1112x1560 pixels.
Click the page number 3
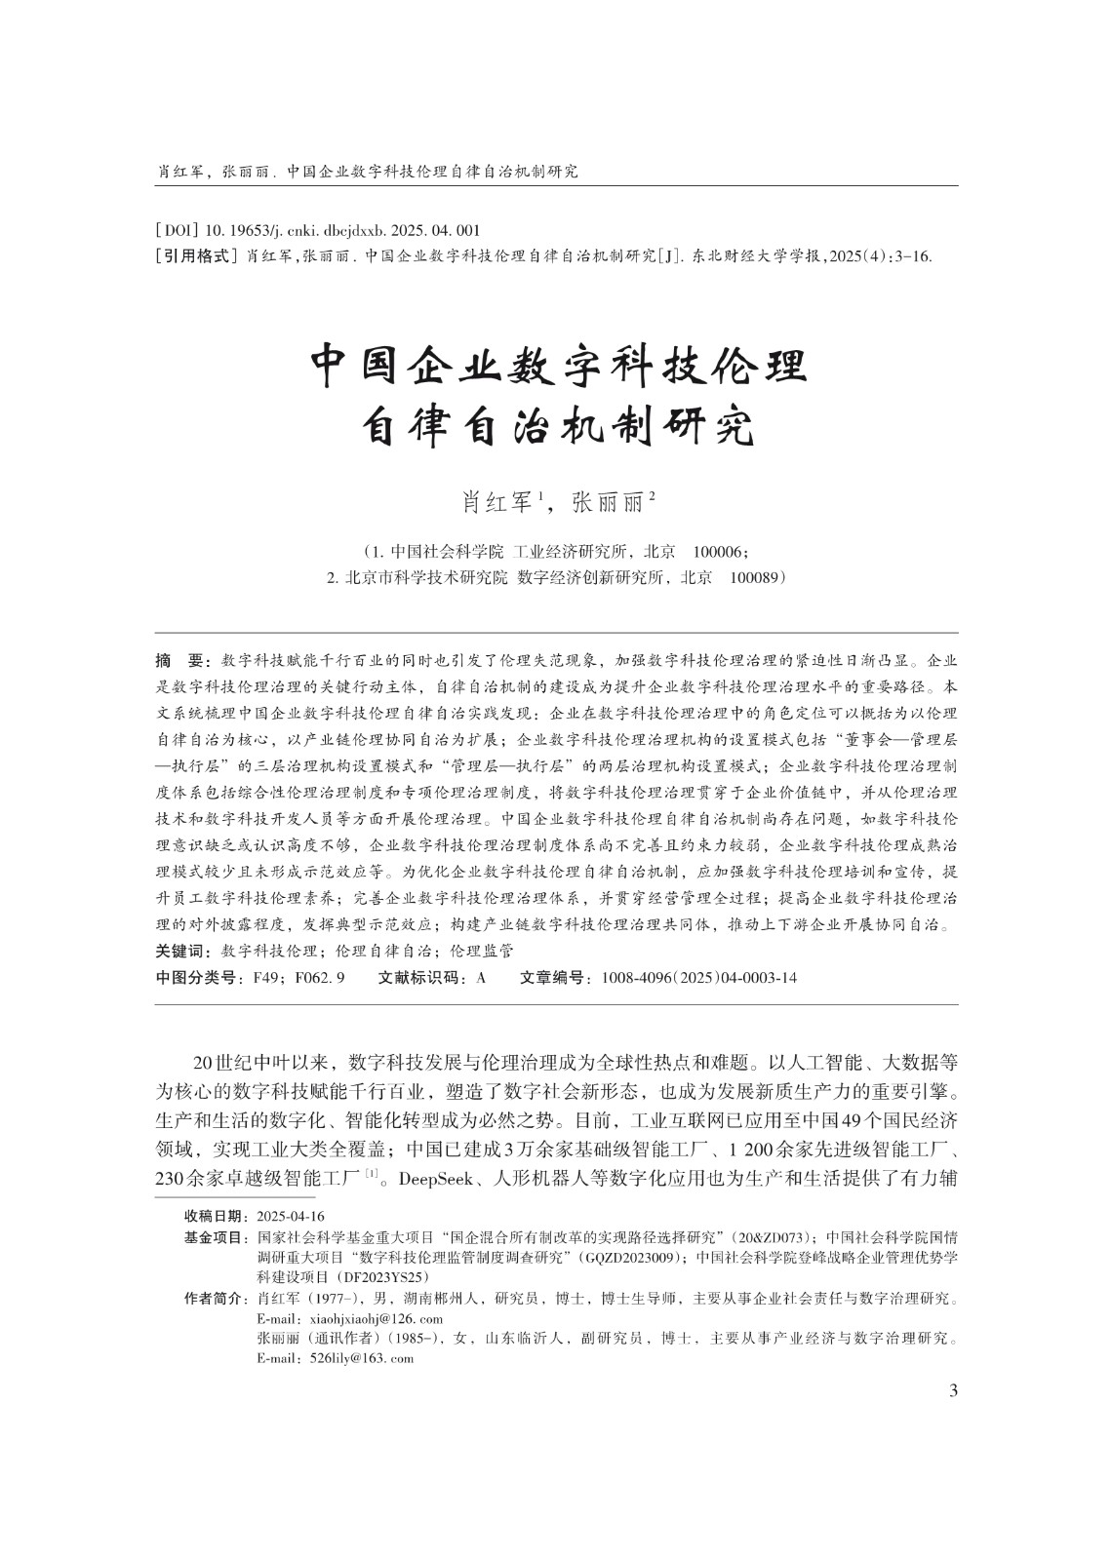click(952, 1390)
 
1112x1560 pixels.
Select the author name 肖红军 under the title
click(497, 503)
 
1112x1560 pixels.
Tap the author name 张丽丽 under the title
click(608, 503)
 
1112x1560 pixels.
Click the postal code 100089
click(757, 577)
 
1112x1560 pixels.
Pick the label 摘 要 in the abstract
click(182, 661)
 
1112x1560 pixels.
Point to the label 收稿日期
click(217, 1217)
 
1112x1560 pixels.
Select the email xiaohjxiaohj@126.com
click(348, 1318)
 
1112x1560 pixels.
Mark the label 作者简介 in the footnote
click(217, 1299)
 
